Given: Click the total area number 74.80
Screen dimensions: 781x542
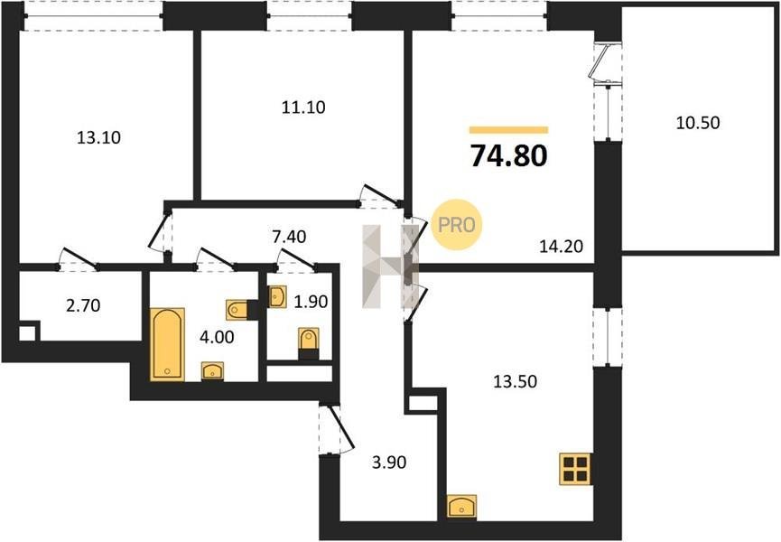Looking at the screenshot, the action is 509,155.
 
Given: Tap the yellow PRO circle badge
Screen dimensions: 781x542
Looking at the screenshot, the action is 457,225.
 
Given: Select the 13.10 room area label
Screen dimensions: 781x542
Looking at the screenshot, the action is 98,137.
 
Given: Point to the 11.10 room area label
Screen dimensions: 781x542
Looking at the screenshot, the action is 303,107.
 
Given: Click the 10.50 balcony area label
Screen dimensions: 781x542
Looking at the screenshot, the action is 698,123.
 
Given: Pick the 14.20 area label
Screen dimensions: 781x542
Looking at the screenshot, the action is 562,246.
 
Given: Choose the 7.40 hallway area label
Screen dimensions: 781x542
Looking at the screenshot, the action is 289,237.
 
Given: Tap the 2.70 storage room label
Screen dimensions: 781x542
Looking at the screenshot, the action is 83,305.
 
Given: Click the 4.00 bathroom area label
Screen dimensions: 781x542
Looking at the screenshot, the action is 217,337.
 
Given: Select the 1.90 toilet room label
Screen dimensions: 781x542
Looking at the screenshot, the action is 311,302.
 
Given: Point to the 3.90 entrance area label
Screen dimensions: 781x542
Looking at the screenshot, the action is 389,463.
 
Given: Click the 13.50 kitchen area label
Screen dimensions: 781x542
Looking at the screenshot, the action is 515,381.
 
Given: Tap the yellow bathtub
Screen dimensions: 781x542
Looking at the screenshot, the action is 167,345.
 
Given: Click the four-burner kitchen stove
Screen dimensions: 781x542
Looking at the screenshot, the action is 575,469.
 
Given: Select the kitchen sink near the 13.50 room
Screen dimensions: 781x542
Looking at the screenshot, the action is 461,507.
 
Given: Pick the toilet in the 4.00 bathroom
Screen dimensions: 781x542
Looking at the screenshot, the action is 238,310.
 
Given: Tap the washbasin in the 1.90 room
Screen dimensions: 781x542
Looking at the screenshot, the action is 277,296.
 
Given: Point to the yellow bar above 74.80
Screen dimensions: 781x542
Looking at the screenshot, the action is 508,130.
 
